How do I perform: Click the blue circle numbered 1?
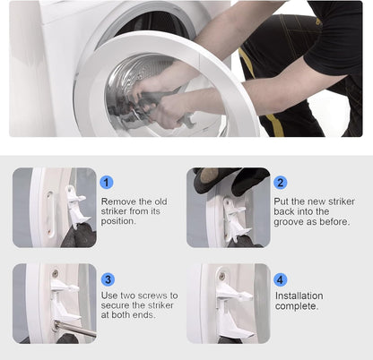point(107,182)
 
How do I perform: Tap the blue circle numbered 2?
point(280,183)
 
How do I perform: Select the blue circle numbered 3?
point(108,279)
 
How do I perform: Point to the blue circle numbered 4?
point(280,279)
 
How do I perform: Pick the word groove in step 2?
point(288,222)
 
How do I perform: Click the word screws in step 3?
point(152,296)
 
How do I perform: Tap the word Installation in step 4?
point(299,296)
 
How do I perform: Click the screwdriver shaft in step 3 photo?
point(76,329)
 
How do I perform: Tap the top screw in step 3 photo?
point(56,273)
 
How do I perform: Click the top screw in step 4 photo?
point(222,276)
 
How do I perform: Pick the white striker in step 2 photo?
point(236,219)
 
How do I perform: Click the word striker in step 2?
point(342,201)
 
